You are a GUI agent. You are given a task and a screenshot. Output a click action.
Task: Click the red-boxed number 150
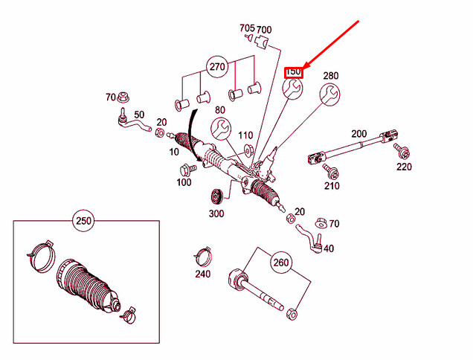coord(293,72)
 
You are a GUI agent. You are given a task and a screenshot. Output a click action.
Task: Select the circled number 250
coord(85,221)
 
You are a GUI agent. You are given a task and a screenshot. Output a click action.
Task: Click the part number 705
coord(247,28)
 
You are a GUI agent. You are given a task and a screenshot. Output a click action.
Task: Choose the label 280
coord(331,75)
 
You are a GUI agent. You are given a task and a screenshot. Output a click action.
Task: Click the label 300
coord(216,213)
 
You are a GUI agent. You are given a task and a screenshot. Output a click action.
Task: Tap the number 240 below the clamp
coord(202,274)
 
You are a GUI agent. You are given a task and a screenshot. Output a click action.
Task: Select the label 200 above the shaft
coord(359,133)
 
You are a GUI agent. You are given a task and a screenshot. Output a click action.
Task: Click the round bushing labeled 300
coord(217,197)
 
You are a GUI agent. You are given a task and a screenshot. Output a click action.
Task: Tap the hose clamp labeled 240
coord(202,255)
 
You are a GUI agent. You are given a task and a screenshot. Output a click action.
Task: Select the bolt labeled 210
coord(329,171)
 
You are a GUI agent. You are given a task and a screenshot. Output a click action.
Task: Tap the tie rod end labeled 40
coord(312,240)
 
